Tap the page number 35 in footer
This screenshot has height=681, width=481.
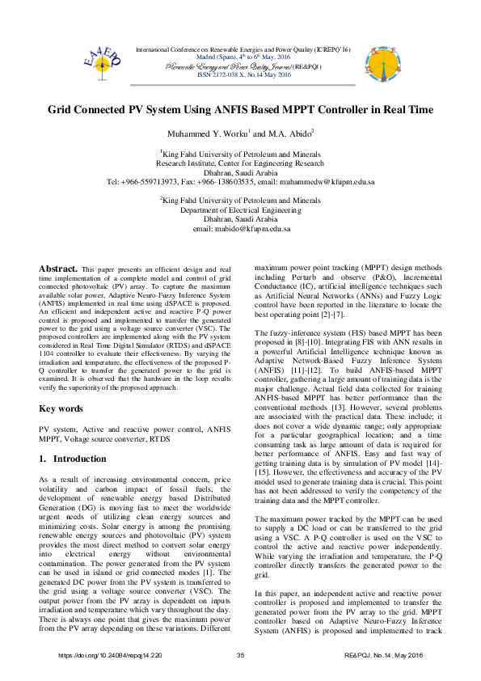coord(240,654)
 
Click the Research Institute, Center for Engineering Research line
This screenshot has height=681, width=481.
coord(240,162)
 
